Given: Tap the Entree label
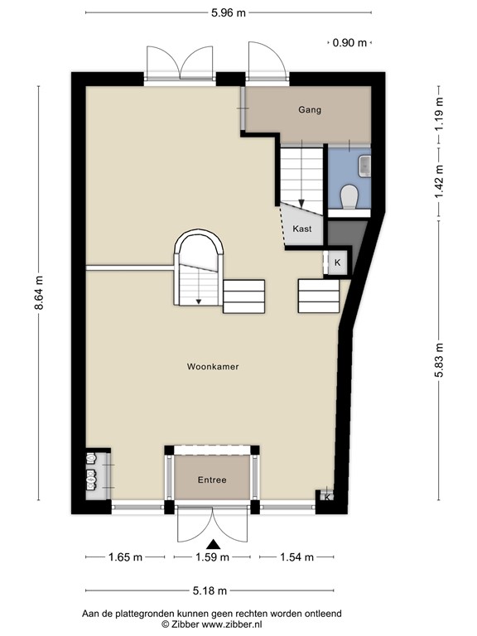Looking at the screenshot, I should (212, 479).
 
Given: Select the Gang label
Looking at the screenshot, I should (310, 109).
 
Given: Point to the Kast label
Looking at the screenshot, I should (302, 229).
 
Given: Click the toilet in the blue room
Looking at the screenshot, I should (349, 196).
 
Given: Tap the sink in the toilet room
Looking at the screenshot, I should (364, 166).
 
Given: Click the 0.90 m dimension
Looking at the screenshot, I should (349, 42).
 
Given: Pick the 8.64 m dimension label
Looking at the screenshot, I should (38, 293).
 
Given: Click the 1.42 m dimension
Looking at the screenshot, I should (438, 178).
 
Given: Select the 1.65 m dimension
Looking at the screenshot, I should (125, 557).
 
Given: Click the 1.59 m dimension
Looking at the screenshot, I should (213, 557).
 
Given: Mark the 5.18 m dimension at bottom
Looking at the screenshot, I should (210, 591).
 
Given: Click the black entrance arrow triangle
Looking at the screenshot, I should (213, 543).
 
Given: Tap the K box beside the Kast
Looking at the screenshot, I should (337, 263).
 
